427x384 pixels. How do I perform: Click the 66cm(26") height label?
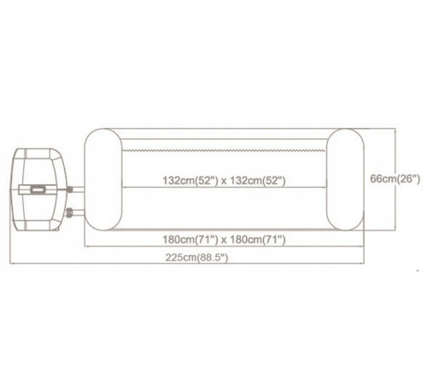pyautogui.click(x=395, y=179)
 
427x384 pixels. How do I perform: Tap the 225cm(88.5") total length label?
pyautogui.click(x=196, y=258)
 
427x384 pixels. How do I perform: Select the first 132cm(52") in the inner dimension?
pyautogui.click(x=190, y=180)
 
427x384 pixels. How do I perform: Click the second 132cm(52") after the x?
pyautogui.click(x=257, y=180)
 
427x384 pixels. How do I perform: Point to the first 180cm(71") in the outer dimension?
pyautogui.click(x=190, y=240)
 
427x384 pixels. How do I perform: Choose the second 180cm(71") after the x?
pyautogui.click(x=257, y=240)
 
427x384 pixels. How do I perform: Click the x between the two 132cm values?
pyautogui.click(x=224, y=181)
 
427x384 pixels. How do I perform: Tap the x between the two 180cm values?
pyautogui.click(x=224, y=241)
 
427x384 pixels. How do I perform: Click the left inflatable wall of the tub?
pyautogui.click(x=103, y=179)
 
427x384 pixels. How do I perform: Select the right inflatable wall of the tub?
pyautogui.click(x=345, y=179)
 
